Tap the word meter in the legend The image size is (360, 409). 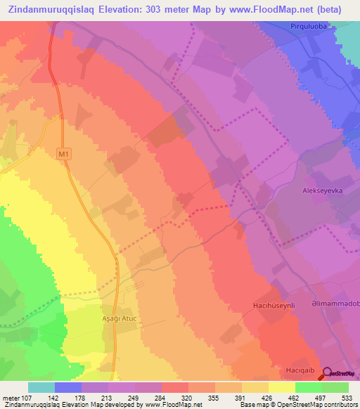click(11, 397)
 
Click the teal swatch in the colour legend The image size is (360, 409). click(41, 387)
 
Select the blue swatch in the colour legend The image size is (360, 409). click(68, 387)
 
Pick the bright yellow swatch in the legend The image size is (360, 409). click(282, 387)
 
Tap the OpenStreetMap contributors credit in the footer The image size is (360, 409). click(319, 405)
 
